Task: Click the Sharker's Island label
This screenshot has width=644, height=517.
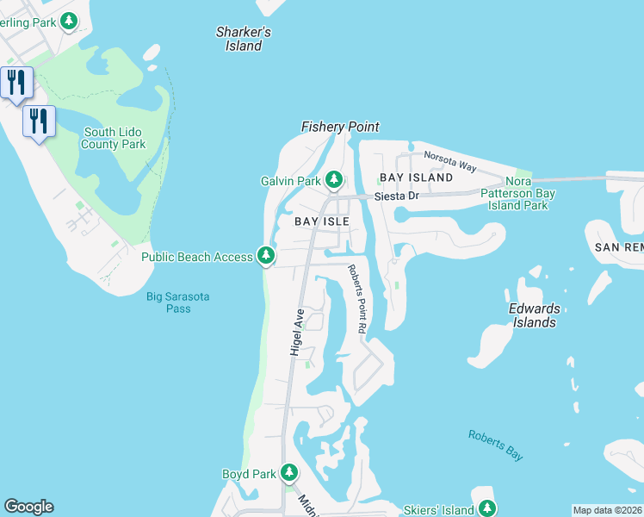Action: pos(244,39)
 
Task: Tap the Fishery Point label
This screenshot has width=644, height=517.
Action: pos(339,127)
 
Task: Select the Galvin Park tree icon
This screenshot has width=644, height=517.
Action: pos(334,180)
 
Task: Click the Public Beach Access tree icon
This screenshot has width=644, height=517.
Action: pos(267,256)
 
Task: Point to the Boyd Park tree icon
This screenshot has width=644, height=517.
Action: pos(289,473)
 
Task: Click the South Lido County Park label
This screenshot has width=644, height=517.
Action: pos(114,139)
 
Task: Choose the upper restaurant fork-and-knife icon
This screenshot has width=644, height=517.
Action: pos(16,83)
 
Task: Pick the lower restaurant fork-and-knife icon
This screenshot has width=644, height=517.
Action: pos(39,121)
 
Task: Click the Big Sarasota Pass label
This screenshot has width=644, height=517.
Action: pos(177,302)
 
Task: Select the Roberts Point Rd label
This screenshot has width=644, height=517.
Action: pos(357,299)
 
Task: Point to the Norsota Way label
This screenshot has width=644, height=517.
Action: pos(449,160)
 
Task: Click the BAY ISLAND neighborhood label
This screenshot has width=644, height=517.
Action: pos(416,178)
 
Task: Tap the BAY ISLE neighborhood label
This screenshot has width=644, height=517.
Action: pos(321,221)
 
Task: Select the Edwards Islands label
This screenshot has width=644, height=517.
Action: pos(534,315)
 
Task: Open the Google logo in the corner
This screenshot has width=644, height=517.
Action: pos(28,507)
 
